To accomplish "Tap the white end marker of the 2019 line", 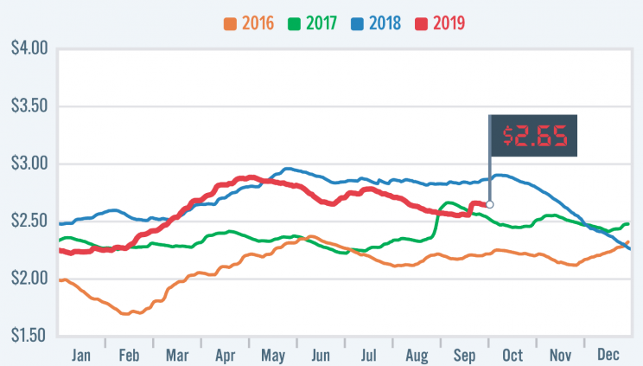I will [490, 204].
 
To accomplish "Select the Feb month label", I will [128, 354].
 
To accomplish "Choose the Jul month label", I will [369, 354].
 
